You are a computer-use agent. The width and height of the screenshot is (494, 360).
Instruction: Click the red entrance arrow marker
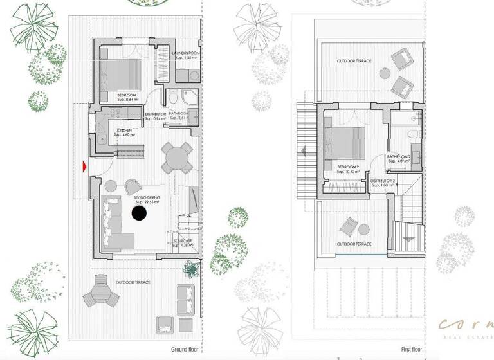[x=84, y=166]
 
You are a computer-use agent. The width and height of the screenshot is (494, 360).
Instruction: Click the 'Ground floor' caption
[x=187, y=349]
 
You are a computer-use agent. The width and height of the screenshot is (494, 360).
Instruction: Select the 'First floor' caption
[x=414, y=349]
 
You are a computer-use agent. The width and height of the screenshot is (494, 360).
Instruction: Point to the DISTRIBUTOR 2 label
[x=383, y=182]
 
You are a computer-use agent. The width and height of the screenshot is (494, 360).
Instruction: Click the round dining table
[x=176, y=157]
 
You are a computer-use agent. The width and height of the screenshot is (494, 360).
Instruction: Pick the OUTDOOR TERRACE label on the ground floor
[x=133, y=283]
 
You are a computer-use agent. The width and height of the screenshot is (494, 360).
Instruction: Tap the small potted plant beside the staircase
[x=191, y=267]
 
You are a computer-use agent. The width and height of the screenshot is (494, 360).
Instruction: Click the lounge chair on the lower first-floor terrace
[x=349, y=227]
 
